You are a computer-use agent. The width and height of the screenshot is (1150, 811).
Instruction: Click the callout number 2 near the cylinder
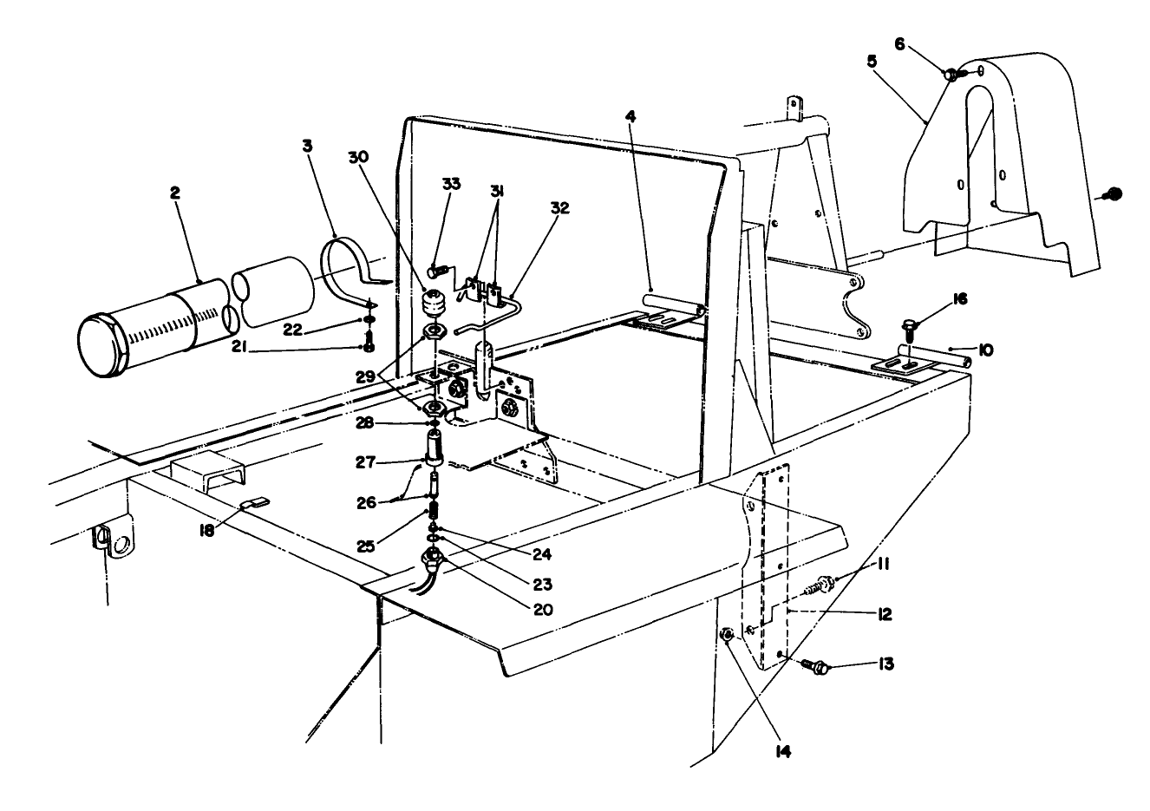174,193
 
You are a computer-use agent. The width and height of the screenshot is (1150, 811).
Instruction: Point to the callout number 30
358,157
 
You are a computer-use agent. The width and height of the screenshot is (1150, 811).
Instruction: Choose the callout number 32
559,207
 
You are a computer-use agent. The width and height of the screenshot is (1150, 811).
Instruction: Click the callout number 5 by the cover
871,62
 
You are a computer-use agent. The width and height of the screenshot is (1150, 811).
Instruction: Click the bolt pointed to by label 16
909,329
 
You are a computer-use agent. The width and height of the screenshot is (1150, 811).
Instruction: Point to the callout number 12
884,614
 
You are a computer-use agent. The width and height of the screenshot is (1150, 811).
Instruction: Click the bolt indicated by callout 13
818,666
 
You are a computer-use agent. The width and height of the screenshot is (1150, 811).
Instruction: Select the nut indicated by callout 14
728,637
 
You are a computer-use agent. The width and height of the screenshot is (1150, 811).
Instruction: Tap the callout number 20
542,609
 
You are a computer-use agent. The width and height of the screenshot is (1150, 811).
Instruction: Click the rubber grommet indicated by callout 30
431,307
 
